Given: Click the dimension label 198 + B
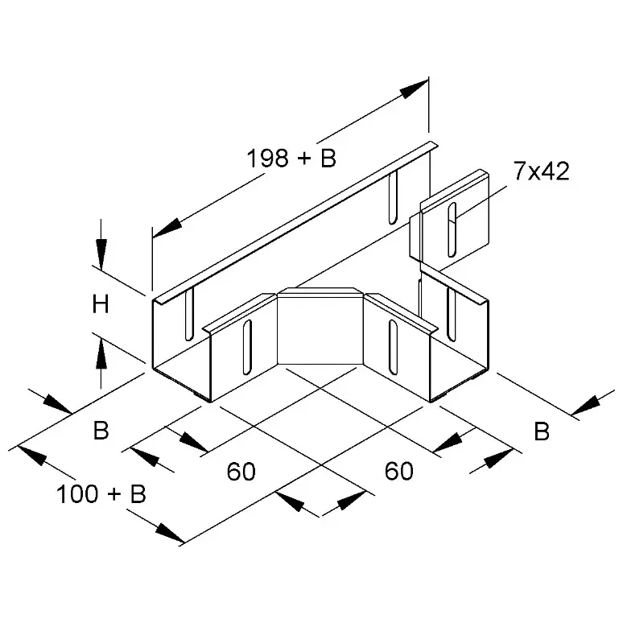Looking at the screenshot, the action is pos(291,158).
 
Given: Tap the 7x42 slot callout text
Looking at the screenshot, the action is pos(541,171).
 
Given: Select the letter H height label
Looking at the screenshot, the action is pos(101,305).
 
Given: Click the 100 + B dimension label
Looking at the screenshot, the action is pos(101,494).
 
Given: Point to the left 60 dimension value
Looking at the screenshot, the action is pos(241,471).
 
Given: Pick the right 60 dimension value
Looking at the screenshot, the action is pos(399,471).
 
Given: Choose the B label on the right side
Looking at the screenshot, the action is pos(542,431).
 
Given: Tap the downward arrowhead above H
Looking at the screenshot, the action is pos(101,254).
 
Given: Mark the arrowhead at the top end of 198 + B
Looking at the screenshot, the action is pos(414,89).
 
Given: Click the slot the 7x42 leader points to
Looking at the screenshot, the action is pos(452,229).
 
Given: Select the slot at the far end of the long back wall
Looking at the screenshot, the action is pos(393,197).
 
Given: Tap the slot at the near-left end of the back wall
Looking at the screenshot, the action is pos(189,313).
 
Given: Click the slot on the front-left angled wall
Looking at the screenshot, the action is pos(247,346).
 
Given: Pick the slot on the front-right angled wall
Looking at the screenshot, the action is pos(393,346).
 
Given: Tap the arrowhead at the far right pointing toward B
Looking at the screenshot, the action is pos(587,405).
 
